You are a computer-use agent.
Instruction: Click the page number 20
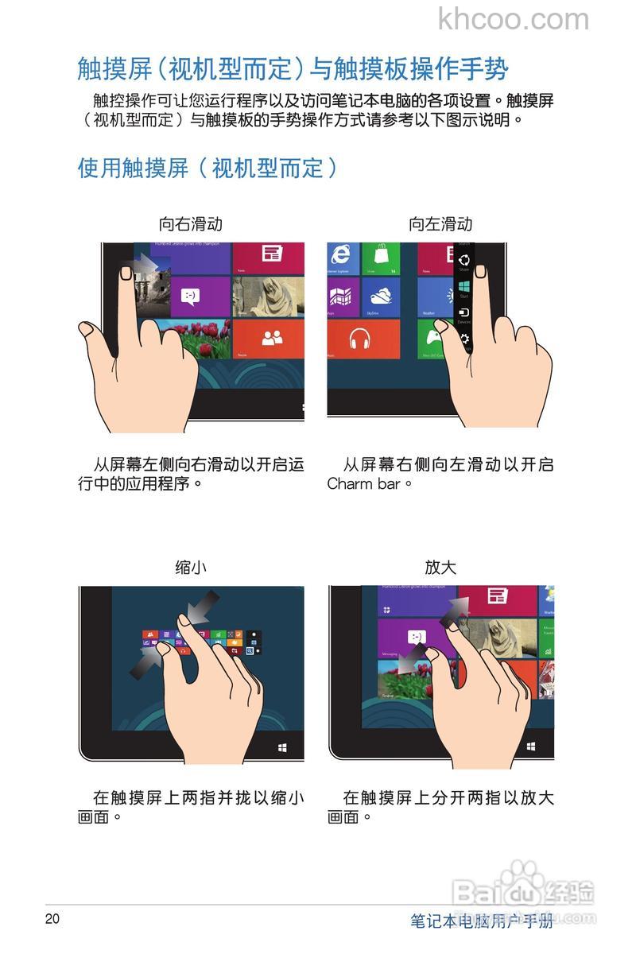point(52,919)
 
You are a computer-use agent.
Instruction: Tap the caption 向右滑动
point(191,224)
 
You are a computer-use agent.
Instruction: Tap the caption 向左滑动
point(440,224)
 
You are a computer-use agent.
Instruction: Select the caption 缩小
point(191,567)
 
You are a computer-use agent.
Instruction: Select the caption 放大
point(440,567)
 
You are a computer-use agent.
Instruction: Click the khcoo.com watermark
point(514,19)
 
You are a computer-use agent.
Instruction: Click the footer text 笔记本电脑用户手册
point(481,921)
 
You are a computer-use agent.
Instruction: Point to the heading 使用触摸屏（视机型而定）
point(207,168)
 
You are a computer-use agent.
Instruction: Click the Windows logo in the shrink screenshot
point(283,748)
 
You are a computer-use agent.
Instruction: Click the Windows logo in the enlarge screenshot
point(531,747)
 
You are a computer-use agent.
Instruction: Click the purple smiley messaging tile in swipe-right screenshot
point(189,297)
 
